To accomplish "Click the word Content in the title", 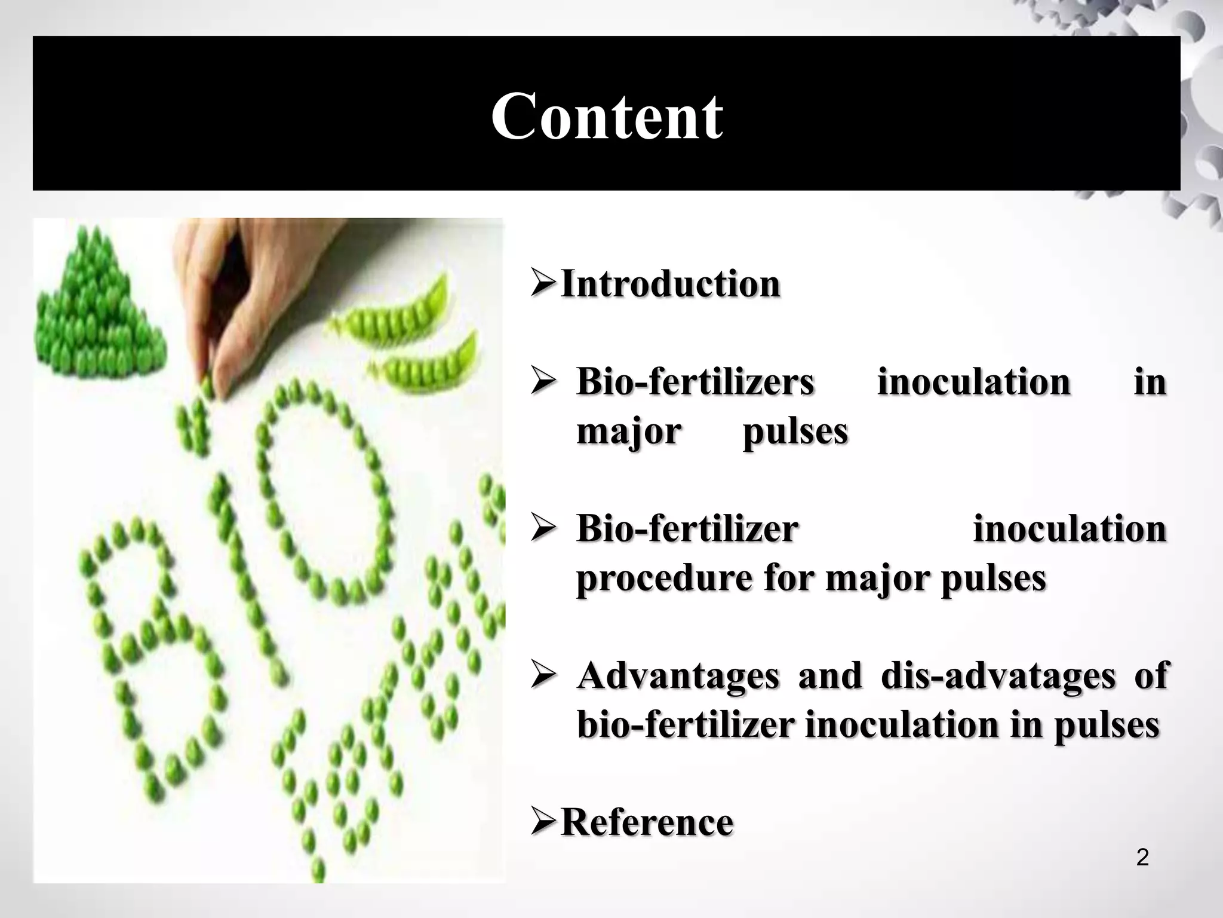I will [x=607, y=116].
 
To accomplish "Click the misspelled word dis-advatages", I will [x=998, y=675].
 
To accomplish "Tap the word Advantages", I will [x=678, y=675].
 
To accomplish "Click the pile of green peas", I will [x=96, y=305].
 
